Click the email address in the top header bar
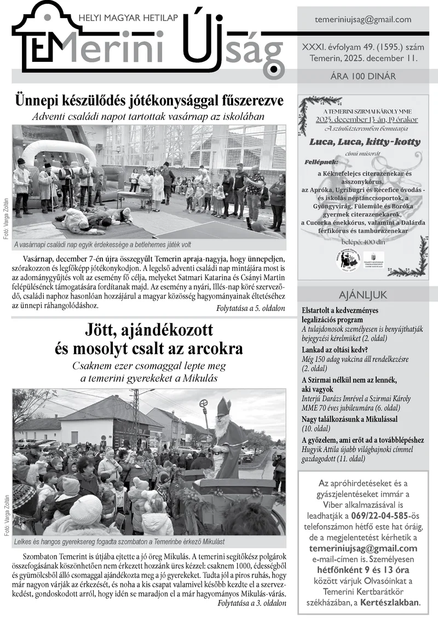click(x=363, y=20)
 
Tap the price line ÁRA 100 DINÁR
click(x=363, y=77)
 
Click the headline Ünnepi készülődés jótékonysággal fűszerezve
click(x=149, y=101)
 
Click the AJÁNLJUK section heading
click(x=363, y=295)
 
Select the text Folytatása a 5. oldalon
click(x=251, y=309)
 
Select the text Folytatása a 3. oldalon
click(x=251, y=603)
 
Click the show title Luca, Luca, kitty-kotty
click(x=365, y=142)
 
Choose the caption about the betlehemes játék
click(x=103, y=244)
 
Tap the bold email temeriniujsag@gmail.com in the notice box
click(x=363, y=548)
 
